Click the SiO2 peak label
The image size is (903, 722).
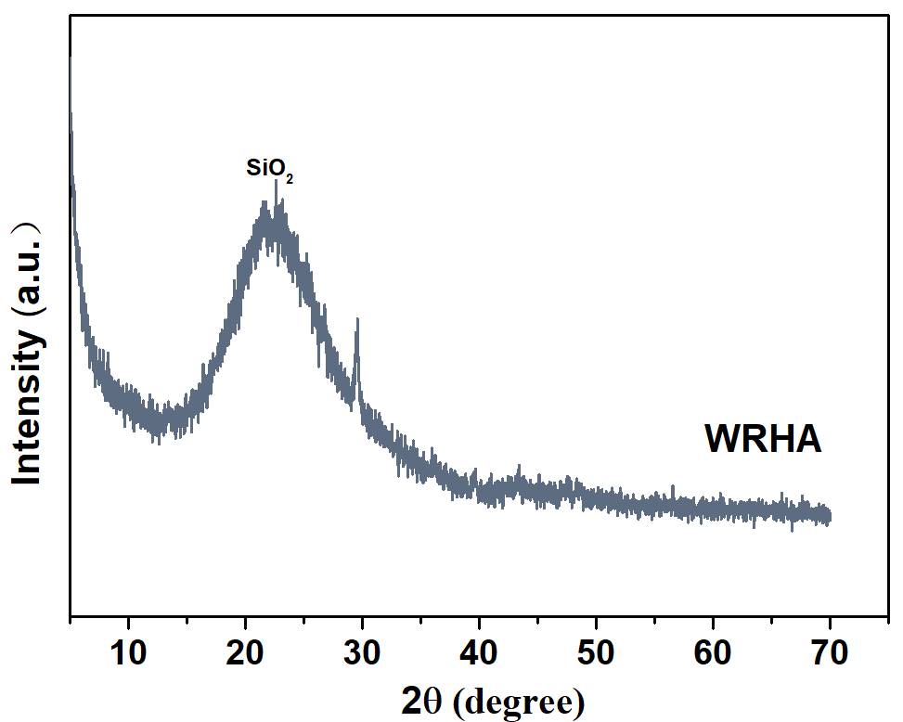(x=269, y=170)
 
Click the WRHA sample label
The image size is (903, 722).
(x=763, y=440)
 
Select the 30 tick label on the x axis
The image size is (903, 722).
(x=362, y=653)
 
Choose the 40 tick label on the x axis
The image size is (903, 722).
(x=479, y=653)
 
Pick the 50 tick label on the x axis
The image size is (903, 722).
(x=596, y=653)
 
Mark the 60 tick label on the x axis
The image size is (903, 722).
(x=713, y=653)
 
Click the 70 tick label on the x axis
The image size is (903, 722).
(x=830, y=653)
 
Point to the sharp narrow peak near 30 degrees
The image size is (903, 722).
(x=357, y=320)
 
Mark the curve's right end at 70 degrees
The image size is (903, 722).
(x=829, y=515)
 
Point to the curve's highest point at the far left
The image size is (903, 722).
(x=71, y=59)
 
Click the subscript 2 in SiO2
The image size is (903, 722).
(x=290, y=178)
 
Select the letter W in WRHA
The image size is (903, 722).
(x=720, y=440)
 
